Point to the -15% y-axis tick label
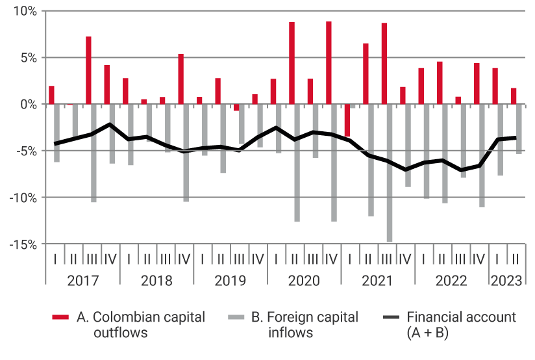24,244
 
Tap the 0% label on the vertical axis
29,104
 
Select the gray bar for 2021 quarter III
390,172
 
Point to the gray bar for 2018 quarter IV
186,153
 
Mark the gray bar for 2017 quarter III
94,153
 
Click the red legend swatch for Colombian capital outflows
60,318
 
